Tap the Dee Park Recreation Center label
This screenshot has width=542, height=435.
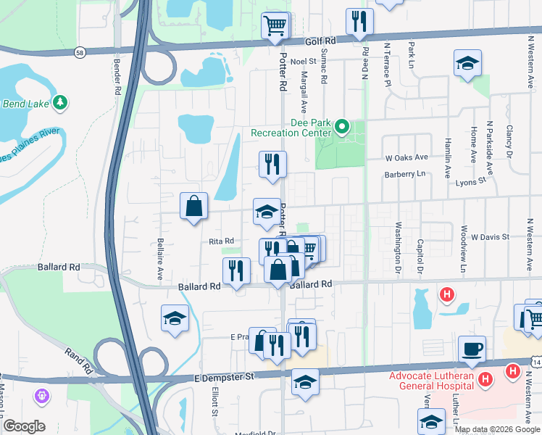(291, 128)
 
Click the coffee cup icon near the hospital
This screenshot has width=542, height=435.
(472, 349)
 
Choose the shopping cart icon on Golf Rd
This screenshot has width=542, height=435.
(275, 28)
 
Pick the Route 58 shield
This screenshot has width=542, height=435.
(79, 52)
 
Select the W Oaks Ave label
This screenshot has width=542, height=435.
(406, 157)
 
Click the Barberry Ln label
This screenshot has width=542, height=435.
(406, 174)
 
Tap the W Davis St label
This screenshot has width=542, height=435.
(490, 236)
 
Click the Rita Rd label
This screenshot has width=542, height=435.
(221, 241)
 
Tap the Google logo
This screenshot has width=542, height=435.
(25, 427)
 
